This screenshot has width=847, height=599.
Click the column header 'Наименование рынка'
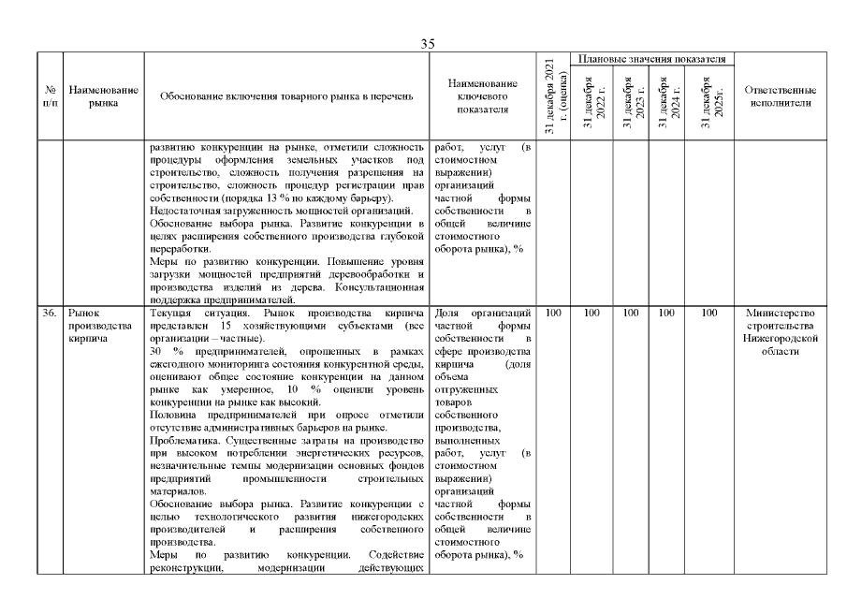(104, 96)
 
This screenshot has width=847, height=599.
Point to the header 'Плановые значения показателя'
(651, 59)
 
